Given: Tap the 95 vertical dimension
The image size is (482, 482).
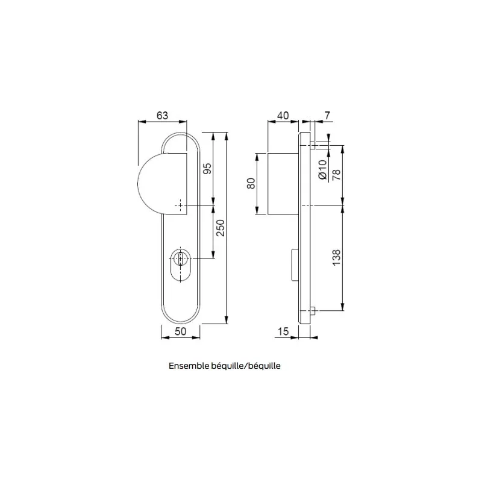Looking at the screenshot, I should [x=206, y=169].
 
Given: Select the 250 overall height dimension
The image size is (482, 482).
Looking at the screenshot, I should [x=220, y=229].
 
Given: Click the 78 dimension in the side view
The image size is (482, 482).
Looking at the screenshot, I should [x=336, y=174].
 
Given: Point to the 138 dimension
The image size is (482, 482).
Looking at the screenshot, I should [x=336, y=258].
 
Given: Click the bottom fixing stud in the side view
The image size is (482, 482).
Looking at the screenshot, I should [x=314, y=311].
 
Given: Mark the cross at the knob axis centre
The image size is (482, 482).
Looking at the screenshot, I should [x=180, y=205].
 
